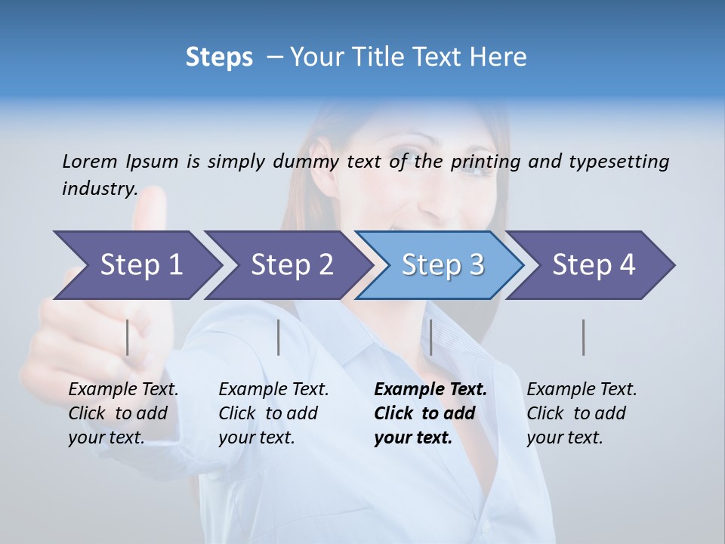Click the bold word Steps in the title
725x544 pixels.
(219, 57)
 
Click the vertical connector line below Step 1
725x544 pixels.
(127, 337)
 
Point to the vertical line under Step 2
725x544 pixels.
(279, 337)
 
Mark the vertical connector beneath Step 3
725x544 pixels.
(430, 337)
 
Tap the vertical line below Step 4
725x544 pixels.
(583, 337)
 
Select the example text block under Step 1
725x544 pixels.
(123, 413)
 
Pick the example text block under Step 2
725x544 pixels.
(273, 413)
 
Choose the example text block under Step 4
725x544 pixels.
(582, 413)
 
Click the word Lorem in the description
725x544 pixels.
(90, 162)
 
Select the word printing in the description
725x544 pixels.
(486, 162)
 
